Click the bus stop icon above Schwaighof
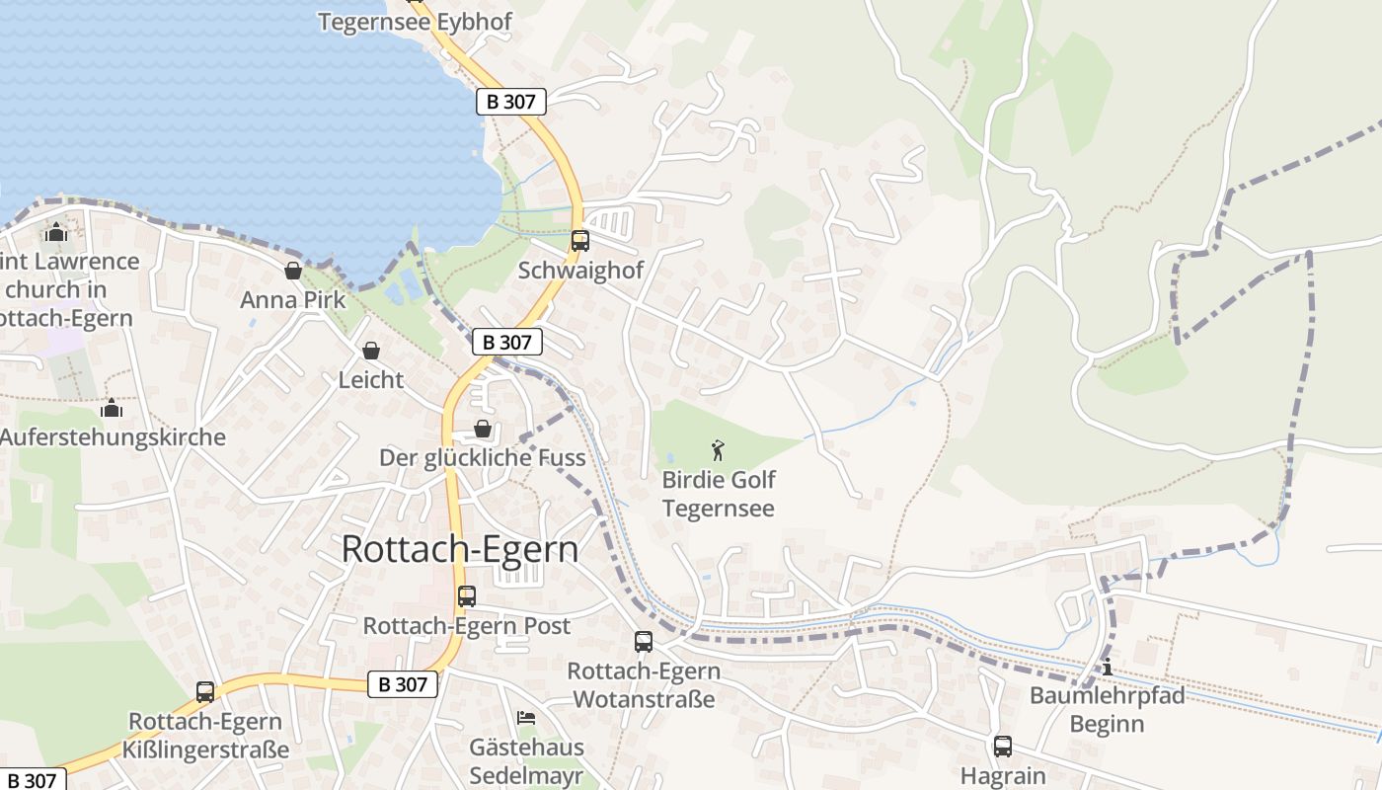tap(580, 240)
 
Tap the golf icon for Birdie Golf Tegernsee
tap(718, 451)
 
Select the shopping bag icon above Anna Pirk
tap(293, 271)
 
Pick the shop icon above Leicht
tap(371, 351)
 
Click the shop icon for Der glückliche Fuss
tap(483, 429)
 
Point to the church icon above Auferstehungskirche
tap(112, 408)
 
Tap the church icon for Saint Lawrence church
tap(56, 232)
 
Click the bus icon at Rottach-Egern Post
tap(467, 596)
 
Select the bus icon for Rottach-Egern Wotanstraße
tap(644, 642)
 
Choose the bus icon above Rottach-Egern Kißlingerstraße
tap(205, 692)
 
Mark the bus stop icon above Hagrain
tap(1003, 747)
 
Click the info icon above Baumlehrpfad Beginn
tap(1108, 667)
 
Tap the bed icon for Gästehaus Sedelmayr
tap(526, 718)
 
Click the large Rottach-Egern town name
tap(460, 549)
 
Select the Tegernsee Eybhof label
tap(415, 22)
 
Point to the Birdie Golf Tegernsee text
tap(719, 495)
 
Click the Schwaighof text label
tap(580, 270)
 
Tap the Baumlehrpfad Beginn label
tap(1108, 710)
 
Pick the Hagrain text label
tap(1003, 776)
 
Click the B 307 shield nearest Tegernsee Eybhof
tap(511, 101)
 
